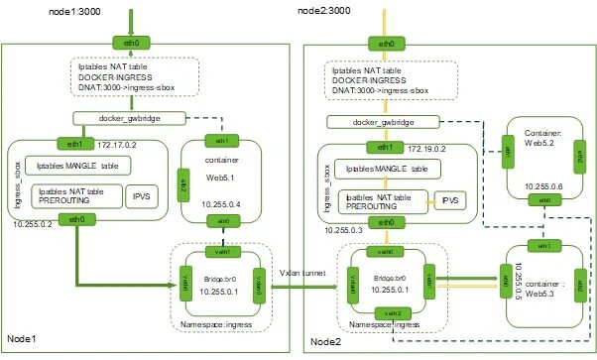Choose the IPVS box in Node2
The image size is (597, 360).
coord(451,200)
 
